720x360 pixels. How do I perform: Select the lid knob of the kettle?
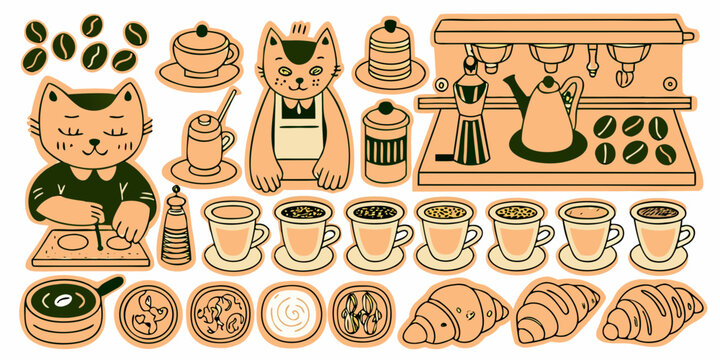(x=546, y=79)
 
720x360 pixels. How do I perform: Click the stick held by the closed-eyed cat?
(x=98, y=228)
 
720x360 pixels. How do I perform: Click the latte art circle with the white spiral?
(x=290, y=313)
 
